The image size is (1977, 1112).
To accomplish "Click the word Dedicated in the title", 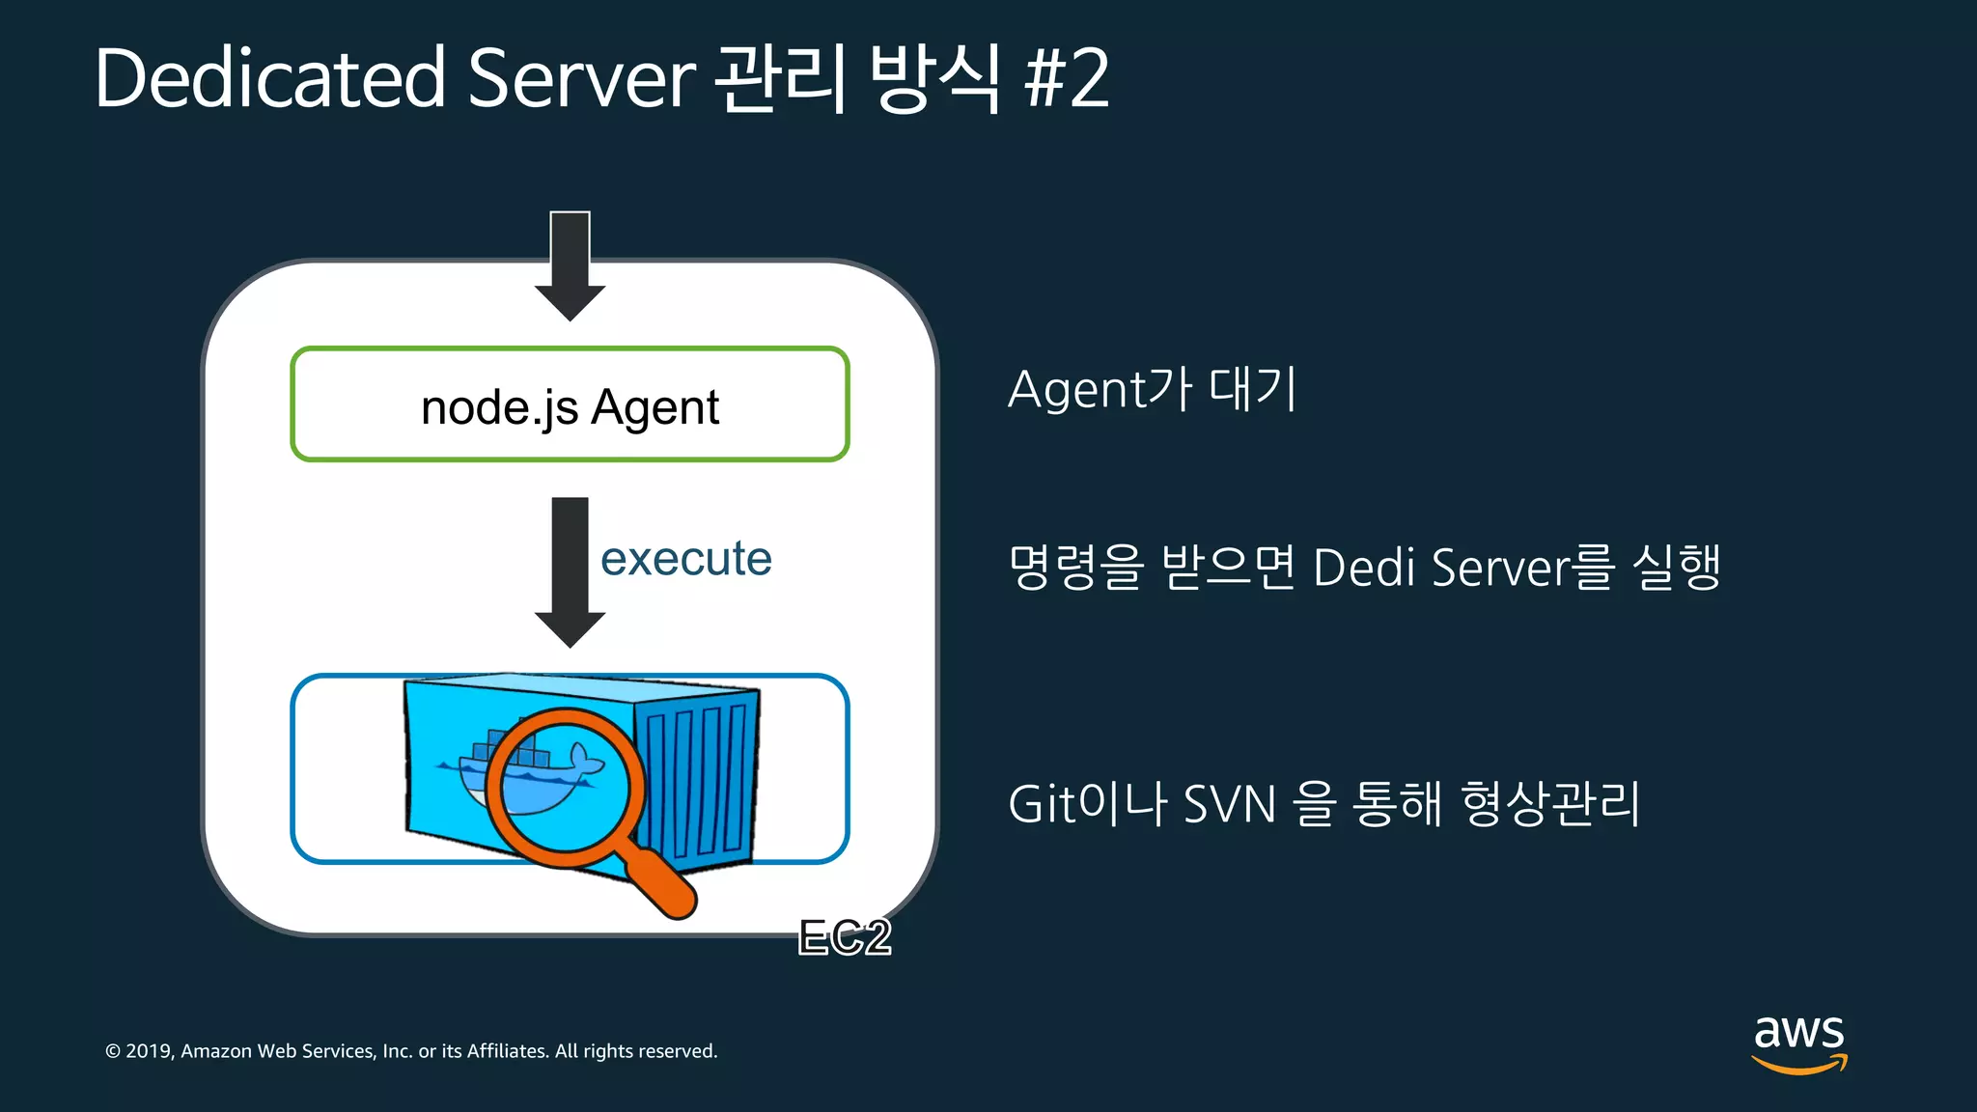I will coord(270,79).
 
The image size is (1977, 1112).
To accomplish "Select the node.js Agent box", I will coord(570,404).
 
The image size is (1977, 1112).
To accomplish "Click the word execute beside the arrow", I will coord(685,559).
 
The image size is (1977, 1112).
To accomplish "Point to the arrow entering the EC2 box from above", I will coord(570,266).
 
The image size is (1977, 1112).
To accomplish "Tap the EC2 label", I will coord(845,937).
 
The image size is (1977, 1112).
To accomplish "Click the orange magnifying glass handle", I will coord(660,882).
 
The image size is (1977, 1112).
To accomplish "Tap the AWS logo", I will coord(1799,1042).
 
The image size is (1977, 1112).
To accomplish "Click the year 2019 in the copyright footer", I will coord(149,1051).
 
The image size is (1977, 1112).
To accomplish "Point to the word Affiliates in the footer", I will coord(508,1051).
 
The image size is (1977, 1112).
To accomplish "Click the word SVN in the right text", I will coord(1230,804).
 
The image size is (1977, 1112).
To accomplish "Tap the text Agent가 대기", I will coord(1152,390).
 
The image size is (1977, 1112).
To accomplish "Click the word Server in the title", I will coord(581,79).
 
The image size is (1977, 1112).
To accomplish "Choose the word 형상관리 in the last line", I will coord(1550,804).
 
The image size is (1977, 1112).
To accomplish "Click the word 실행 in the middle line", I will coord(1677,568).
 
